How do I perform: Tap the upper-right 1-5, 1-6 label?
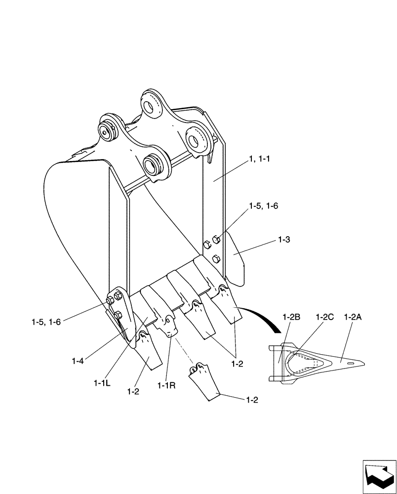click(263, 206)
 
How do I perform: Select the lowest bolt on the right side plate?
click(216, 259)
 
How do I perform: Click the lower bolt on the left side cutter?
click(118, 315)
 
